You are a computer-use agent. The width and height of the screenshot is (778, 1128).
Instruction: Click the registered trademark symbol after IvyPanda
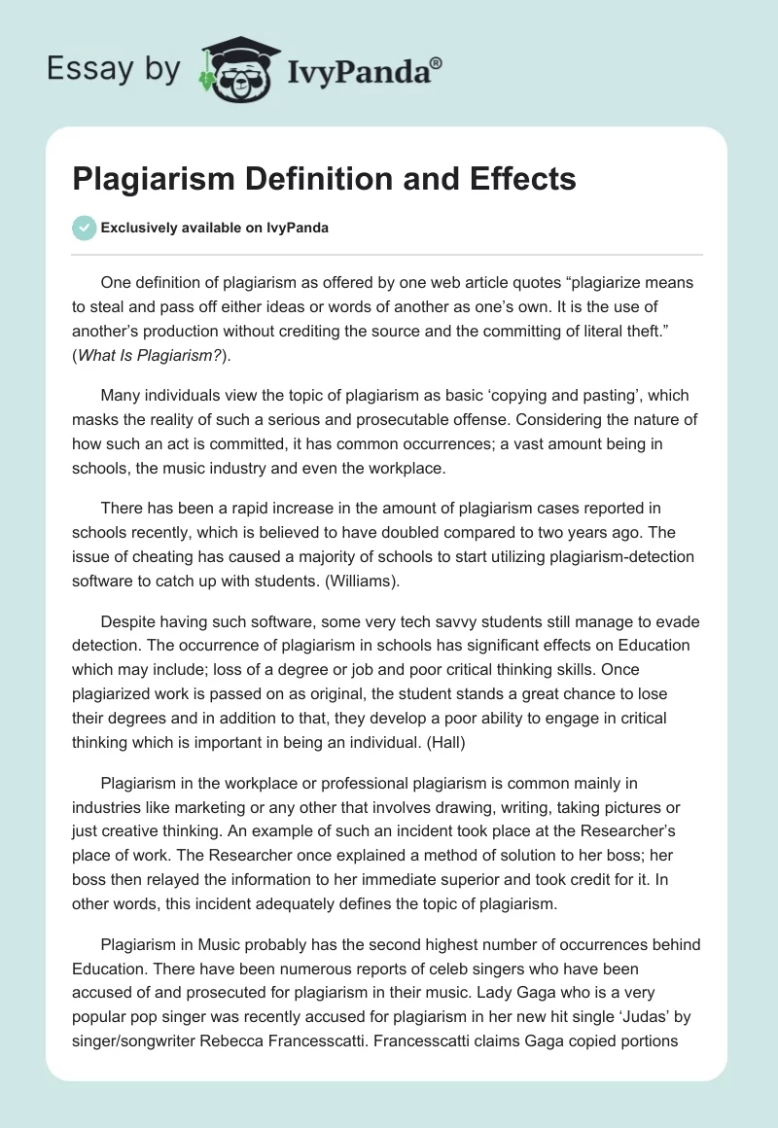click(x=437, y=62)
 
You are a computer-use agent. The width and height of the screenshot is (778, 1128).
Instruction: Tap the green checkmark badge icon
click(x=84, y=228)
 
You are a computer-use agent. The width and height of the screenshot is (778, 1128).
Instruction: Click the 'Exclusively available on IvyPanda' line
click(x=214, y=228)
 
